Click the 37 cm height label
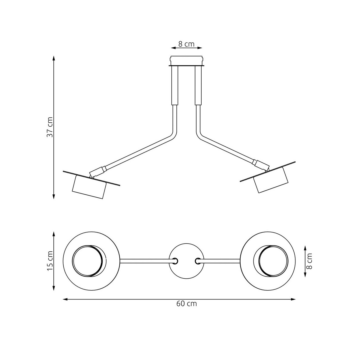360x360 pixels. pyautogui.click(x=50, y=127)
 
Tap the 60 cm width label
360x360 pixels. pyautogui.click(x=186, y=304)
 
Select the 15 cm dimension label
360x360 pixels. pyautogui.click(x=50, y=261)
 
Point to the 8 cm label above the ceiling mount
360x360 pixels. pyautogui.click(x=186, y=44)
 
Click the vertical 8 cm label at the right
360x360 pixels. pyautogui.click(x=310, y=261)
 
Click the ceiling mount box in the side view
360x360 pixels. pyautogui.click(x=186, y=60)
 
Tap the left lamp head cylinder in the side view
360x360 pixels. pyautogui.click(x=89, y=187)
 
